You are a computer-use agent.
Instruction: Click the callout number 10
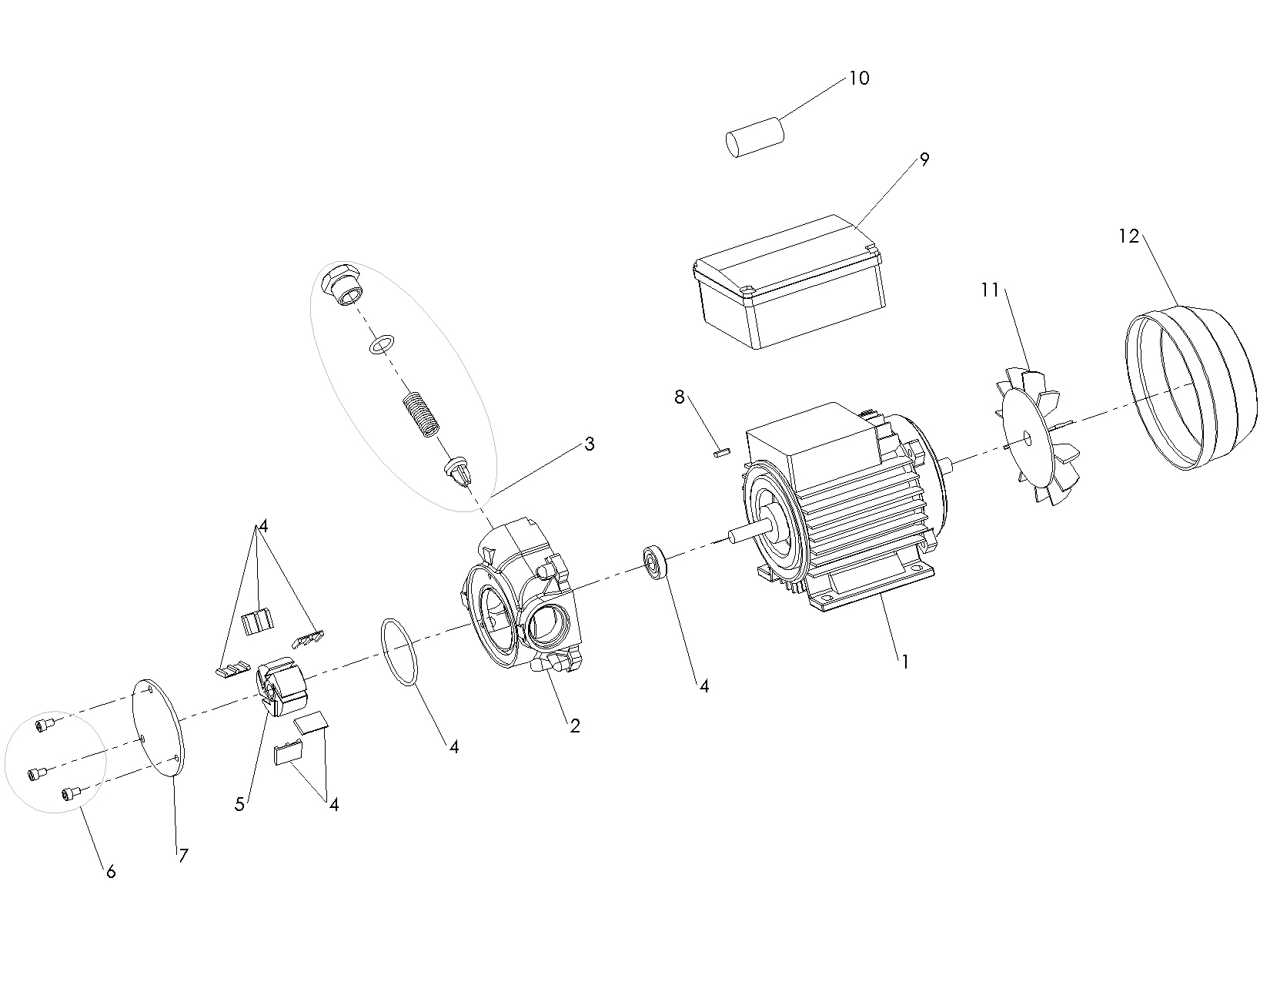pyautogui.click(x=859, y=79)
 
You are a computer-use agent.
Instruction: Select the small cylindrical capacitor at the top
pyautogui.click(x=755, y=137)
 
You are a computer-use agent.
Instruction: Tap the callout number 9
pyautogui.click(x=924, y=159)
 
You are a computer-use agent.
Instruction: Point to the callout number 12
pyautogui.click(x=1128, y=236)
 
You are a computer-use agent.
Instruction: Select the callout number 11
pyautogui.click(x=990, y=290)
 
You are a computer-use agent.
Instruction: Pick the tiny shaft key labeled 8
pyautogui.click(x=721, y=452)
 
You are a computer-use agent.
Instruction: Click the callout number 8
pyautogui.click(x=679, y=397)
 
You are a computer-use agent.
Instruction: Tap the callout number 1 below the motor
pyautogui.click(x=906, y=661)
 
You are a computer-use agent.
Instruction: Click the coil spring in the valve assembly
pyautogui.click(x=422, y=414)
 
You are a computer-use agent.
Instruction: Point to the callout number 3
pyautogui.click(x=589, y=444)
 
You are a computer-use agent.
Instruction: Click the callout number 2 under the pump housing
pyautogui.click(x=575, y=725)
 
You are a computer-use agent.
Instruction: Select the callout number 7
pyautogui.click(x=182, y=855)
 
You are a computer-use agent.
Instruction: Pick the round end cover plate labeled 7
pyautogui.click(x=159, y=726)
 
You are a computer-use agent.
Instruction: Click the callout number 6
pyautogui.click(x=111, y=871)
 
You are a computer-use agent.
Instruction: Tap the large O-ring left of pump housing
pyautogui.click(x=398, y=651)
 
